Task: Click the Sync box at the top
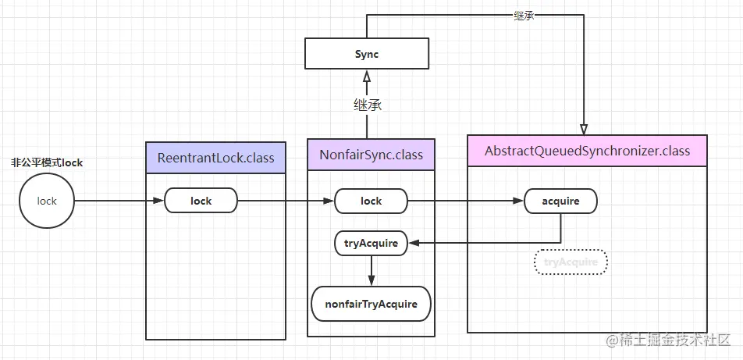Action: point(366,54)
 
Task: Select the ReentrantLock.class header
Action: point(216,158)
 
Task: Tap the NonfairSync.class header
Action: point(371,155)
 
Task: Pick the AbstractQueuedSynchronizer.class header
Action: point(587,150)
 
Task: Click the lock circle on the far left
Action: point(47,201)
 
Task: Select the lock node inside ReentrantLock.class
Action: point(201,201)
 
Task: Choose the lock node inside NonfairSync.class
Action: point(371,201)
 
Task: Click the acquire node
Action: point(560,201)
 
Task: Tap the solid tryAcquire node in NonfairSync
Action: point(371,243)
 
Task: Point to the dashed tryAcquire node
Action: point(571,262)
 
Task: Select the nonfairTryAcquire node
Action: point(371,304)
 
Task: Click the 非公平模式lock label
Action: point(47,162)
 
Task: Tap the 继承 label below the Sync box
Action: point(367,104)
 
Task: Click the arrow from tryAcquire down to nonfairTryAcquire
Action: point(371,270)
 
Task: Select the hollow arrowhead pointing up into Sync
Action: point(366,76)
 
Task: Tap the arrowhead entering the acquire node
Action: point(518,201)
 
